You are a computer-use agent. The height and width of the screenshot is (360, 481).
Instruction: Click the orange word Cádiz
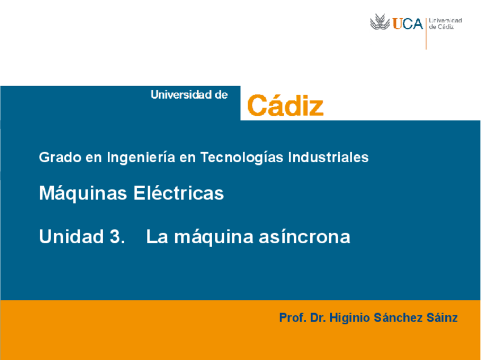coord(285,105)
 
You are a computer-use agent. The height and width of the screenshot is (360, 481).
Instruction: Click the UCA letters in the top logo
coord(408,23)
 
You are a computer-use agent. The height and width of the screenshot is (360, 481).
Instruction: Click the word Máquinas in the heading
coord(83,193)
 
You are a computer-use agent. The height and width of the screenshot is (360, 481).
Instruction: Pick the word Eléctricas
coord(179,193)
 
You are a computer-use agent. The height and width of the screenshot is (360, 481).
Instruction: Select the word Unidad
coord(69,236)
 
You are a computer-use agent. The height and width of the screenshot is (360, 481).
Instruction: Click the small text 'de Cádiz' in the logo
coord(442,27)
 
